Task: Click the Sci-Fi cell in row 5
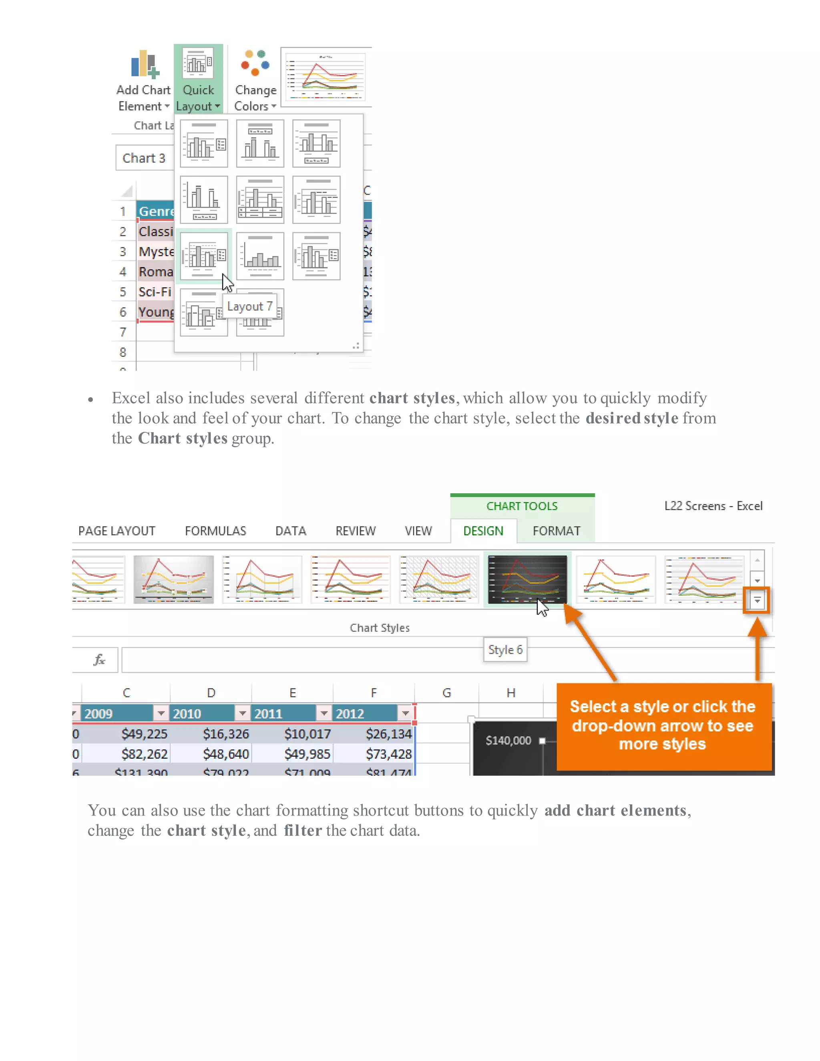click(x=155, y=292)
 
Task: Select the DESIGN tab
click(x=483, y=531)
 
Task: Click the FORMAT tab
click(x=556, y=531)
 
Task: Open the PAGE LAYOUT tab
click(x=117, y=531)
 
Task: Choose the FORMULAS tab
click(x=215, y=531)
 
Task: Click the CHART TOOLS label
click(x=522, y=506)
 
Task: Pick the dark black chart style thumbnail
click(x=527, y=580)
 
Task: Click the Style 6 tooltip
click(x=505, y=650)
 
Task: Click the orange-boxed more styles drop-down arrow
click(x=757, y=601)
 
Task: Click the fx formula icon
click(x=99, y=660)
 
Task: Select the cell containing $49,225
click(x=144, y=734)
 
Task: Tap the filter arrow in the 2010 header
click(x=242, y=713)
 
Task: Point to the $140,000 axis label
click(x=508, y=741)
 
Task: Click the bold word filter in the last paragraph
click(x=303, y=831)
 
